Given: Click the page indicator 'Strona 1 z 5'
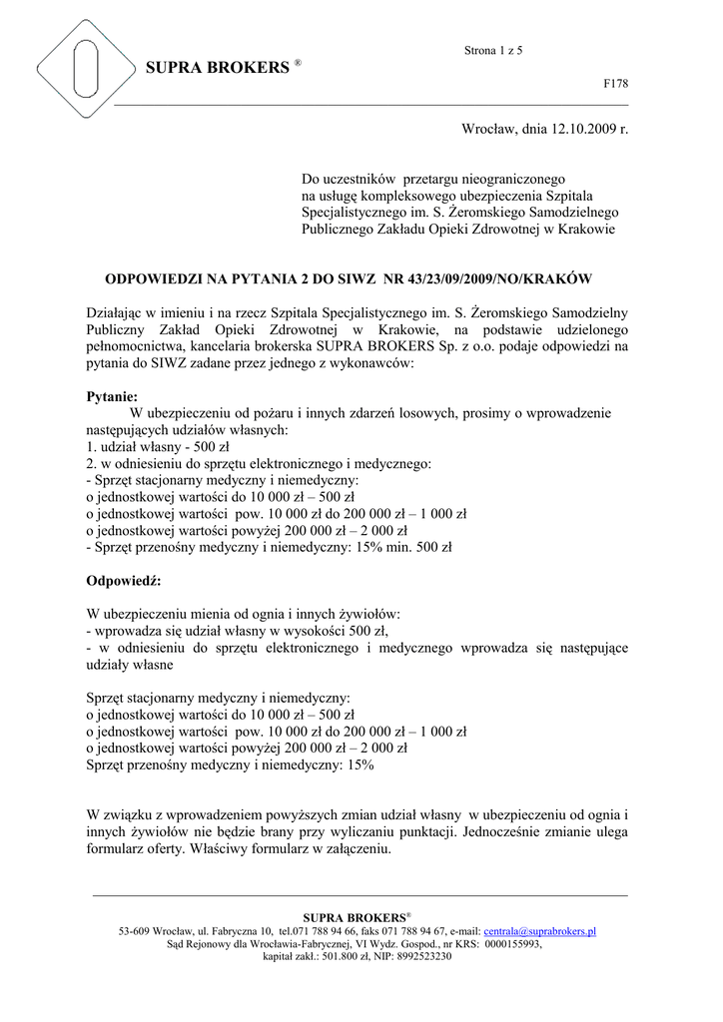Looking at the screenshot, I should [493, 50].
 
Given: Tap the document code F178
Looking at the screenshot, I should [616, 84].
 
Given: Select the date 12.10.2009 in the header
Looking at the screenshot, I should [572, 129].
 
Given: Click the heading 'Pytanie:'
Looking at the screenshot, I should [112, 396].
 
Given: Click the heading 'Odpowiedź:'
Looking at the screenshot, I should [124, 580].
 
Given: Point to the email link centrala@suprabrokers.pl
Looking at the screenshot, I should [539, 931].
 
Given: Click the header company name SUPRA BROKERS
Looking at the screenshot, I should [217, 68].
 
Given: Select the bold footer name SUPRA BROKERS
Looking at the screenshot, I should [357, 917].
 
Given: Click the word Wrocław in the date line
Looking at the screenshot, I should [486, 129].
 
